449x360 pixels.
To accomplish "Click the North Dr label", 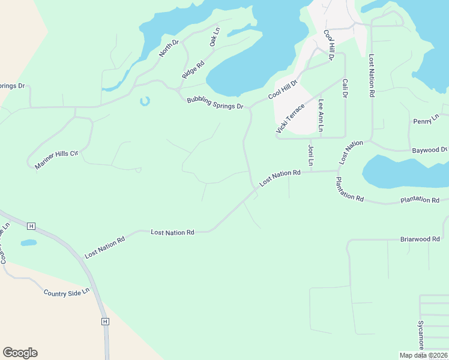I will (x=169, y=49).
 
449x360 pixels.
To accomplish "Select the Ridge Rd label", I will (x=193, y=70).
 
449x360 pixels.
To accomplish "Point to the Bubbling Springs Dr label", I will (x=215, y=103).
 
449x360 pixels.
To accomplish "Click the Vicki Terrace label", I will (x=291, y=118).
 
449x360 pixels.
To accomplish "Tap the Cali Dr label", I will (x=345, y=87).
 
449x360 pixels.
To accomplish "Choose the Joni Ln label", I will (x=311, y=155).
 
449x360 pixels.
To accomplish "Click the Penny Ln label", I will (x=426, y=121).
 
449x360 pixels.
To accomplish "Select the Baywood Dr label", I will (x=431, y=149).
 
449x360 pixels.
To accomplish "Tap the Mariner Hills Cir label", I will (x=57, y=160).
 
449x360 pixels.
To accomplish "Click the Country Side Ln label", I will (x=66, y=292).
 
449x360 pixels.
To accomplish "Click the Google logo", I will (x=20, y=353).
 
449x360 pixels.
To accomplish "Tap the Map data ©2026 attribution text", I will (x=423, y=355).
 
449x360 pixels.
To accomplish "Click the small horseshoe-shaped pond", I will (x=144, y=101).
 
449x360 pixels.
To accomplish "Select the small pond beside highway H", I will (x=28, y=243).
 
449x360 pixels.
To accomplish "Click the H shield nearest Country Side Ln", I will (x=105, y=322).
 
